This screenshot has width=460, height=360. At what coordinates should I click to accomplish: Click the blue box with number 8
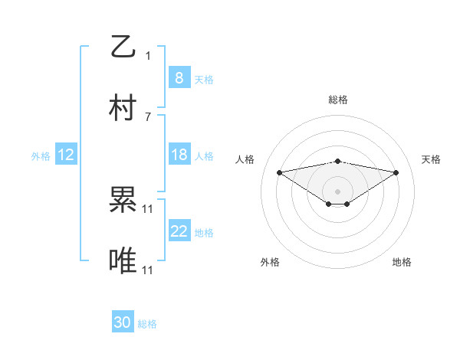pos(179,78)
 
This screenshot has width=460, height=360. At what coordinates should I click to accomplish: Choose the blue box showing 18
pos(179,155)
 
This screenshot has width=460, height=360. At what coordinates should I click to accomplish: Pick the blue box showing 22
pos(179,231)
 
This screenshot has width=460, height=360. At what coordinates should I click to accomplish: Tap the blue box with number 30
pos(123,323)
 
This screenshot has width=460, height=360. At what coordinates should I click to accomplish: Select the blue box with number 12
pos(66,155)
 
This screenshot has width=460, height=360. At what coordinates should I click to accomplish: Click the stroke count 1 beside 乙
pos(148,55)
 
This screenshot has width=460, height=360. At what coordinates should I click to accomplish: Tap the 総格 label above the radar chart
pos(337,100)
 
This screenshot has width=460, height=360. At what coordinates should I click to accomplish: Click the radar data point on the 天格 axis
pos(396,172)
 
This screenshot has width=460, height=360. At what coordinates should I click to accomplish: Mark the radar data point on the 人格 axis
pos(279,172)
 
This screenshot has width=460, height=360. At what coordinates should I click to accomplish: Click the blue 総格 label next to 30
pos(147,324)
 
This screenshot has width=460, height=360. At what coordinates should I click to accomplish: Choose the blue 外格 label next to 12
pos(41,155)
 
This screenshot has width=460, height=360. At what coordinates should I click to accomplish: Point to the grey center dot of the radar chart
pos(337,191)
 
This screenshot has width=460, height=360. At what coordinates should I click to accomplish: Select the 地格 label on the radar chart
pos(402,262)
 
